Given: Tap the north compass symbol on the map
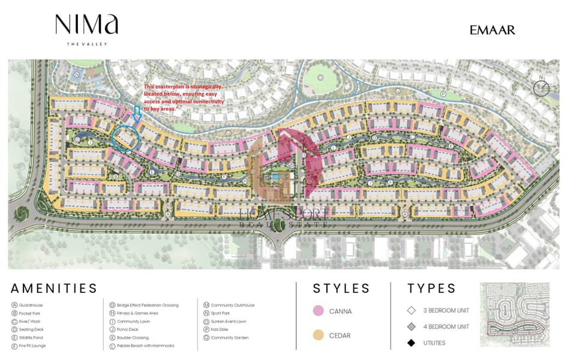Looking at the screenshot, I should (541, 88).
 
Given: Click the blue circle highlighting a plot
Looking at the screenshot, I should (126, 137).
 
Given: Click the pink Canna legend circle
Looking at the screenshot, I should (319, 311).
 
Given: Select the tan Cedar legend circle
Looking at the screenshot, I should (319, 335).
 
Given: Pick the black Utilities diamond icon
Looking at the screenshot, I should (411, 343).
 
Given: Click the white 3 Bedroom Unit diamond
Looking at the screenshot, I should (411, 311).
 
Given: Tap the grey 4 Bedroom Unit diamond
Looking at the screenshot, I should (411, 327).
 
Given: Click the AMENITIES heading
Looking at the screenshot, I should (54, 289).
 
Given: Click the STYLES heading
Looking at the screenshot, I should (341, 289).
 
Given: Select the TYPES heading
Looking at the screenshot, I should (432, 289).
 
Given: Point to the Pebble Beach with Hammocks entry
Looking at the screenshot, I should (142, 346).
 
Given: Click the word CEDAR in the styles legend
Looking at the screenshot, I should (340, 335).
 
